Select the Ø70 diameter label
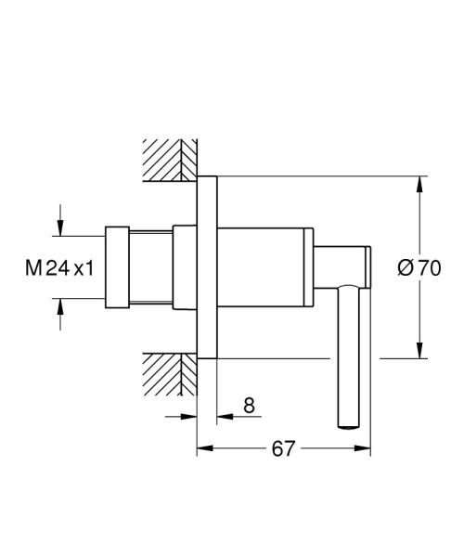pos(418,267)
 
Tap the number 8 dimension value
pos(249,406)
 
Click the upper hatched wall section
pos(170,160)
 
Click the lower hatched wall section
pos(170,376)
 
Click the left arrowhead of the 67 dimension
pos(203,450)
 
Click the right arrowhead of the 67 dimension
pos(366,450)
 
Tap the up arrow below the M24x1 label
pos(60,305)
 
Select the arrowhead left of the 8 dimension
pos(189,416)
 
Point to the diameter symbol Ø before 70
pos(405,267)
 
